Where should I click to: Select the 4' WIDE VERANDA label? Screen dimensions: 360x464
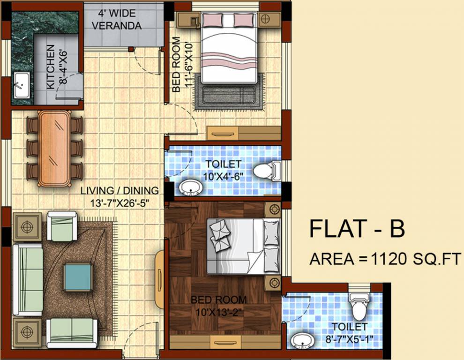click(116, 19)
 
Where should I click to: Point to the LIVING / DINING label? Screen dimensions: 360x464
click(120, 191)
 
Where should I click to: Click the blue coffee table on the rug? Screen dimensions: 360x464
click(78, 277)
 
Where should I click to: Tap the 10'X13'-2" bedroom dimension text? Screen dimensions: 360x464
click(219, 310)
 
